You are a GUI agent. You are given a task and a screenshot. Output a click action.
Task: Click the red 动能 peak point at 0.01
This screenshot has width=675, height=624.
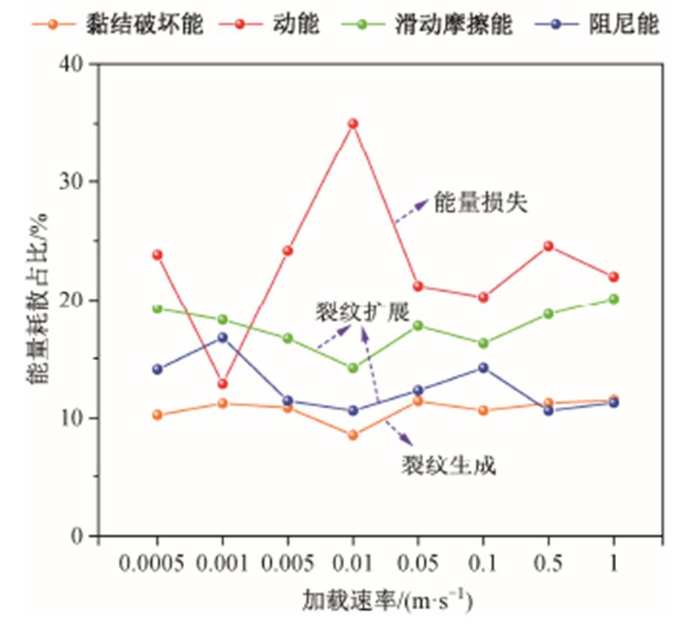(x=353, y=124)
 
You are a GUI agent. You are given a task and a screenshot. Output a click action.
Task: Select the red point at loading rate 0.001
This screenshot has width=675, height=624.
(x=222, y=384)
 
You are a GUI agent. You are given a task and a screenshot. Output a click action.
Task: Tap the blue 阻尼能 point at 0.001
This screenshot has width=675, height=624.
(x=222, y=338)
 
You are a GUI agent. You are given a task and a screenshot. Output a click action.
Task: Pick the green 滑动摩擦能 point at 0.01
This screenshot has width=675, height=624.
(x=353, y=368)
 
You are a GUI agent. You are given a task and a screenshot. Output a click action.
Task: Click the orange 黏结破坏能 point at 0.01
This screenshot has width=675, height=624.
(x=353, y=435)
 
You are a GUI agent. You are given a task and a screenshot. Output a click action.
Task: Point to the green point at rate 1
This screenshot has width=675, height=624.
(x=614, y=299)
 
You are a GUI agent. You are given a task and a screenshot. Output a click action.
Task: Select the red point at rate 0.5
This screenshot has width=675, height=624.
(x=549, y=246)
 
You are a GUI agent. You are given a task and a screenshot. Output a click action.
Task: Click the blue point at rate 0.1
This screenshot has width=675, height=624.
(x=484, y=368)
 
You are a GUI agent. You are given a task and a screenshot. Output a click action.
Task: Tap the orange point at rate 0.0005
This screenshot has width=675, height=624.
(x=157, y=415)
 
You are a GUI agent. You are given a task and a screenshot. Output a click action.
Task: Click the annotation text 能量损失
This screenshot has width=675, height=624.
(x=481, y=204)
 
